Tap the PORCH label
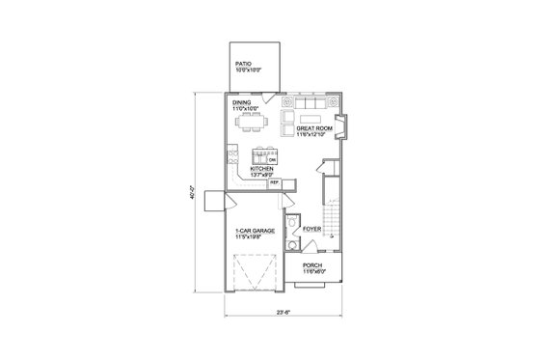click(x=313, y=264)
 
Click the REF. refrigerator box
click(x=274, y=181)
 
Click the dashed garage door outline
click(x=255, y=274)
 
